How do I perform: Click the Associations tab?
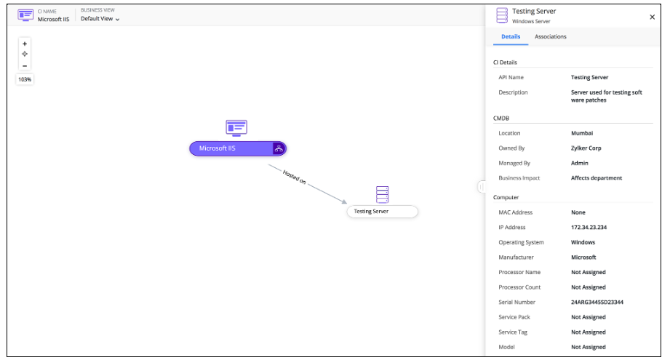(x=551, y=36)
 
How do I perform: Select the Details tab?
(x=511, y=36)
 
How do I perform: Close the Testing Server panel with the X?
(x=652, y=17)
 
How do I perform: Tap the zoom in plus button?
(x=25, y=44)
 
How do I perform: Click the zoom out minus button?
(x=25, y=65)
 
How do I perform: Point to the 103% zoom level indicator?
(x=25, y=79)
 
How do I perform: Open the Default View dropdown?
(x=100, y=19)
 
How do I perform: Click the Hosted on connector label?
(x=295, y=177)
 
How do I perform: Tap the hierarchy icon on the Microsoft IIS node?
(x=279, y=148)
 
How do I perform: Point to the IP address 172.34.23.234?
(x=589, y=227)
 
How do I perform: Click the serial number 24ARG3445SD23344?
(x=597, y=302)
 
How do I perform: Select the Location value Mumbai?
(x=582, y=133)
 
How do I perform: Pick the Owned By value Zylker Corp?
(x=586, y=148)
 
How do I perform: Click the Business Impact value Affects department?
(x=597, y=178)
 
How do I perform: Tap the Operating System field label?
(x=521, y=242)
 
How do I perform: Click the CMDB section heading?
(x=501, y=119)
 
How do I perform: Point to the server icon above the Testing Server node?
(x=382, y=194)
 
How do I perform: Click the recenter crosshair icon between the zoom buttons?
(x=25, y=55)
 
